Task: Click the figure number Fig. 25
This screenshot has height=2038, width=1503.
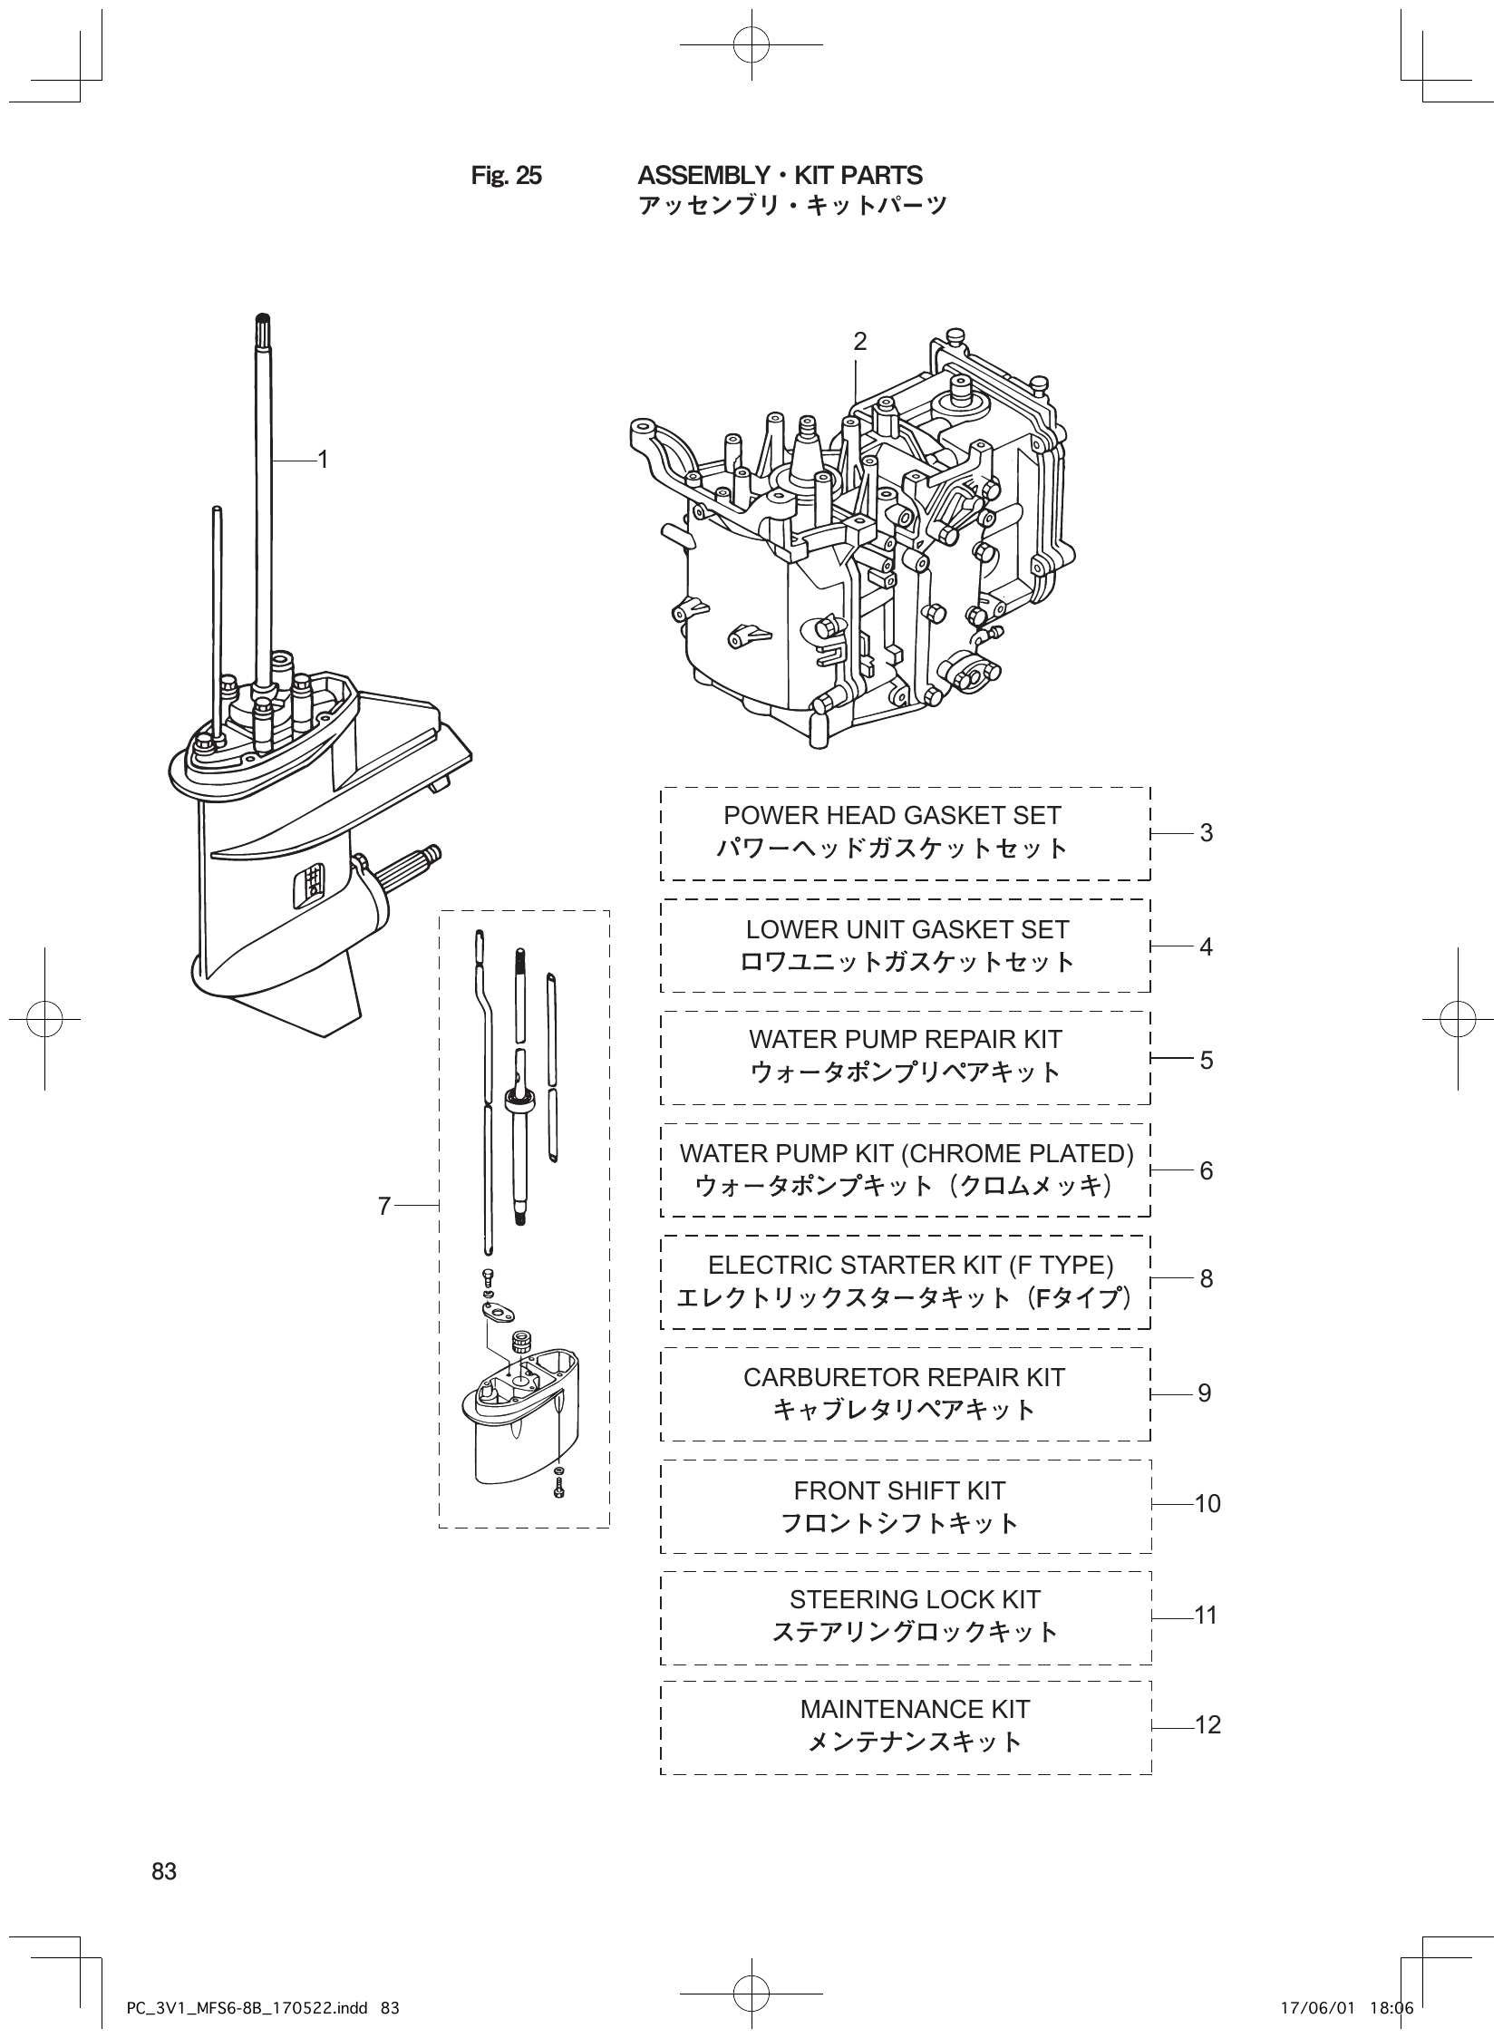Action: [506, 176]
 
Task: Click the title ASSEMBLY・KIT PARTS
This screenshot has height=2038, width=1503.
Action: [780, 176]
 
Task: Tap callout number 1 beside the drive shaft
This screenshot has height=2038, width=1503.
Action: [322, 461]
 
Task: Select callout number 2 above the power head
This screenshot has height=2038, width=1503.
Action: [858, 342]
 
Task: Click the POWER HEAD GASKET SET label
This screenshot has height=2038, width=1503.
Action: [892, 815]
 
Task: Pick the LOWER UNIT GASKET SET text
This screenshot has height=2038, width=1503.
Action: [907, 929]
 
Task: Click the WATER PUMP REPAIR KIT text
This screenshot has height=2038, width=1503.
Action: [906, 1039]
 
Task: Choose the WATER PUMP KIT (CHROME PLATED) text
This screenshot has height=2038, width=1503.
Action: [907, 1153]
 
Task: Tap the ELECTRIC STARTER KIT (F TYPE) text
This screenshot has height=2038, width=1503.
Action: [910, 1265]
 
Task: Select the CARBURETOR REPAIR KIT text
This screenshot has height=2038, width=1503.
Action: [904, 1377]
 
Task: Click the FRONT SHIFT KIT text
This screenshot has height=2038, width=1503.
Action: [899, 1490]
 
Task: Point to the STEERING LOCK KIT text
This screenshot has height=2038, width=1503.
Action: [915, 1599]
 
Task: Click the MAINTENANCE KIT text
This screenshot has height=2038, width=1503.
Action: [915, 1709]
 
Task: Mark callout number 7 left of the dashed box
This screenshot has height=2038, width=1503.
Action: [384, 1207]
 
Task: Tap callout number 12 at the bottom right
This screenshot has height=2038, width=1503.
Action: [1207, 1725]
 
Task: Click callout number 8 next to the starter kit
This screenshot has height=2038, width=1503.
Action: [1207, 1279]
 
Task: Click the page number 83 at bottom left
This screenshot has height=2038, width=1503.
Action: [165, 1871]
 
